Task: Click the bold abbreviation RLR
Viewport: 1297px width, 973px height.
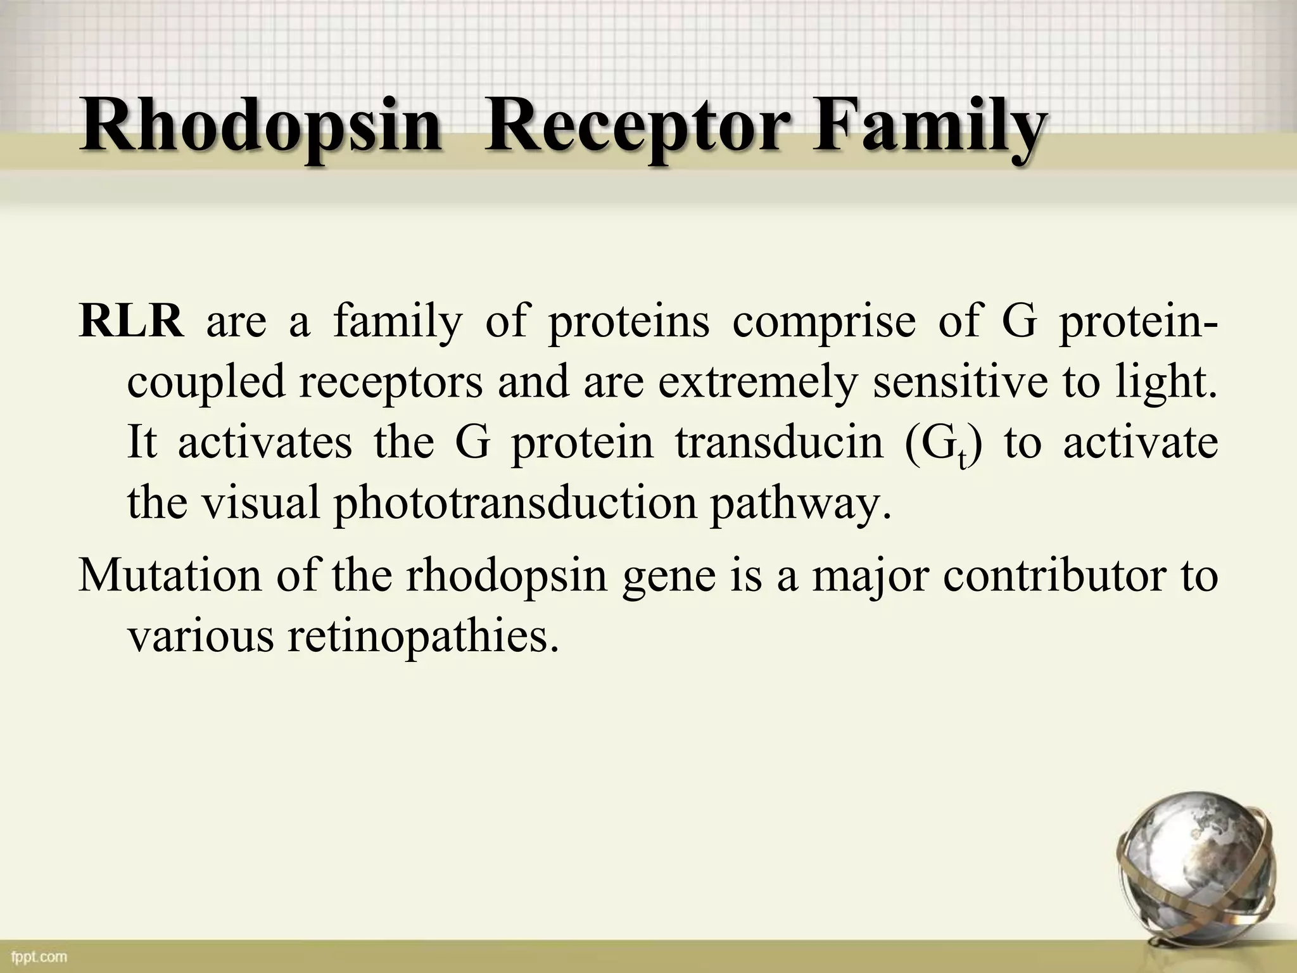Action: coord(132,322)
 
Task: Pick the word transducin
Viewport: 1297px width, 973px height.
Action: coord(778,443)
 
